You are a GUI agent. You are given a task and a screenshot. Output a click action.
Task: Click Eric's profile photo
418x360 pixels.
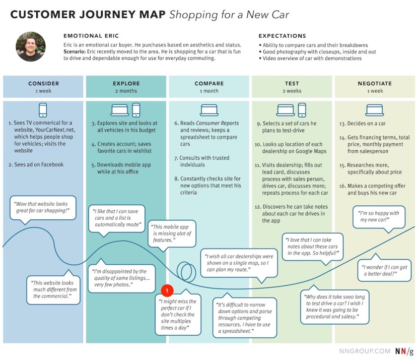pyautogui.click(x=31, y=46)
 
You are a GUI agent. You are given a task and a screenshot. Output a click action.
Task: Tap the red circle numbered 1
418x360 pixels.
pyautogui.click(x=167, y=290)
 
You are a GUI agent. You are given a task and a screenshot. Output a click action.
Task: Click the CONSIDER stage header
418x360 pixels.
pyautogui.click(x=43, y=83)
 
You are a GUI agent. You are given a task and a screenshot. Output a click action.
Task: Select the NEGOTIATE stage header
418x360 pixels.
pyautogui.click(x=375, y=83)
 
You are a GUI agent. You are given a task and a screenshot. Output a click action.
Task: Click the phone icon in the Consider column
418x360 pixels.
pyautogui.click(x=43, y=110)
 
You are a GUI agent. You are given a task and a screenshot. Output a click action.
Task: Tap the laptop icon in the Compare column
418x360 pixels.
pyautogui.click(x=209, y=110)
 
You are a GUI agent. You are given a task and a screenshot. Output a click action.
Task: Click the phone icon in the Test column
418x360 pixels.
pyautogui.click(x=302, y=110)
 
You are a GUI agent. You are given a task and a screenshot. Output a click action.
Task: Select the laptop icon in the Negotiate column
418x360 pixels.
pyautogui.click(x=375, y=110)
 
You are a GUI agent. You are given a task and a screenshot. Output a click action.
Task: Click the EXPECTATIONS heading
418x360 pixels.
pyautogui.click(x=282, y=36)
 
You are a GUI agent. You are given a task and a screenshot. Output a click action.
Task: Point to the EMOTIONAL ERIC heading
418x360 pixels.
pyautogui.click(x=91, y=36)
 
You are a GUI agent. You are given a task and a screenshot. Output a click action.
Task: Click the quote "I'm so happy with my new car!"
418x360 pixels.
pyautogui.click(x=379, y=217)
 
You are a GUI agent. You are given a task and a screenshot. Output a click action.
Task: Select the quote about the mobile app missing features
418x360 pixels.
pyautogui.click(x=172, y=233)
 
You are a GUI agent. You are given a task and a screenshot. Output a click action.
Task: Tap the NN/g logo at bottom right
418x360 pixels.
pyautogui.click(x=404, y=351)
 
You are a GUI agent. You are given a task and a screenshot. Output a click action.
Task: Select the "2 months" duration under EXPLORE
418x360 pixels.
pyautogui.click(x=126, y=91)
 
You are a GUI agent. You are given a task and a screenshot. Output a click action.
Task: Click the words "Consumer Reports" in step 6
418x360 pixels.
pyautogui.click(x=217, y=123)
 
